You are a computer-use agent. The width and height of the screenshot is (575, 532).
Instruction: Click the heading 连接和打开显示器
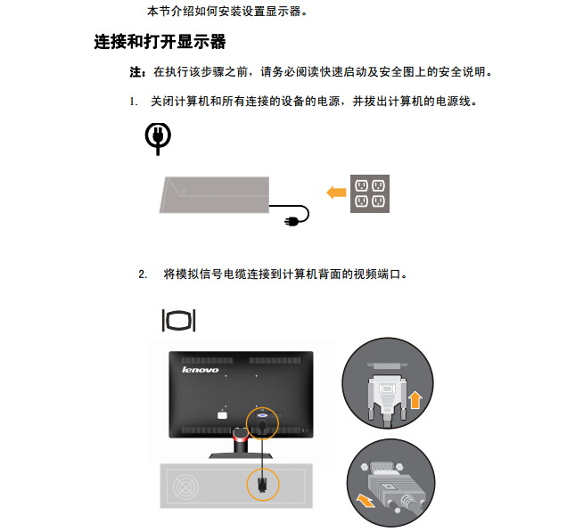pyautogui.click(x=160, y=41)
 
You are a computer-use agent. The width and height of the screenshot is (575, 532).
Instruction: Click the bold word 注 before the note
pyautogui.click(x=136, y=72)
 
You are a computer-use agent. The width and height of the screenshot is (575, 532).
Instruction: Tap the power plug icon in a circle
pyautogui.click(x=158, y=139)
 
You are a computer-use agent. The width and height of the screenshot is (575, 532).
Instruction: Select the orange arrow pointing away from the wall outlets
pyautogui.click(x=336, y=192)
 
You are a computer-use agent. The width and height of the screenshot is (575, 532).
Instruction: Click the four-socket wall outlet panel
pyautogui.click(x=370, y=193)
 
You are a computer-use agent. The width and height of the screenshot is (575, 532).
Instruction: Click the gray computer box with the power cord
pyautogui.click(x=214, y=194)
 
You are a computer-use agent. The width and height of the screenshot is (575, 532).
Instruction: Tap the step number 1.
pyautogui.click(x=133, y=102)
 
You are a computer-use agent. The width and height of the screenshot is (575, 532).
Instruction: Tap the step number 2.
pyautogui.click(x=143, y=274)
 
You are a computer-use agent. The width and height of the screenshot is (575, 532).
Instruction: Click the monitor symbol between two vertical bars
pyautogui.click(x=178, y=321)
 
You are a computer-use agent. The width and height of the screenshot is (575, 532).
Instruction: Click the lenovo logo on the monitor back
pyautogui.click(x=201, y=370)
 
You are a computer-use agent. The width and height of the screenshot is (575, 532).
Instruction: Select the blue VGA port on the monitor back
pyautogui.click(x=263, y=415)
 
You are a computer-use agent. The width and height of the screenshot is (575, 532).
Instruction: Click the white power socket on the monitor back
pyautogui.click(x=222, y=415)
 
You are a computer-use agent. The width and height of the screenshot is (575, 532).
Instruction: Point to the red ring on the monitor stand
pyautogui.click(x=240, y=436)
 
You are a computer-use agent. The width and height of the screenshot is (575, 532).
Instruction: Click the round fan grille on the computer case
pyautogui.click(x=186, y=487)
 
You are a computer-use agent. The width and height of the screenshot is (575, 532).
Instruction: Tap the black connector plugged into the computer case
pyautogui.click(x=262, y=485)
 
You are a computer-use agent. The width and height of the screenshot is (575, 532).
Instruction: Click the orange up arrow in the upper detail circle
pyautogui.click(x=415, y=400)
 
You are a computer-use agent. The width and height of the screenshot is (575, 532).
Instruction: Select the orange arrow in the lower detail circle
pyautogui.click(x=366, y=500)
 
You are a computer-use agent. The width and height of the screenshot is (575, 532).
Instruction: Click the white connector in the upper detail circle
pyautogui.click(x=388, y=397)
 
